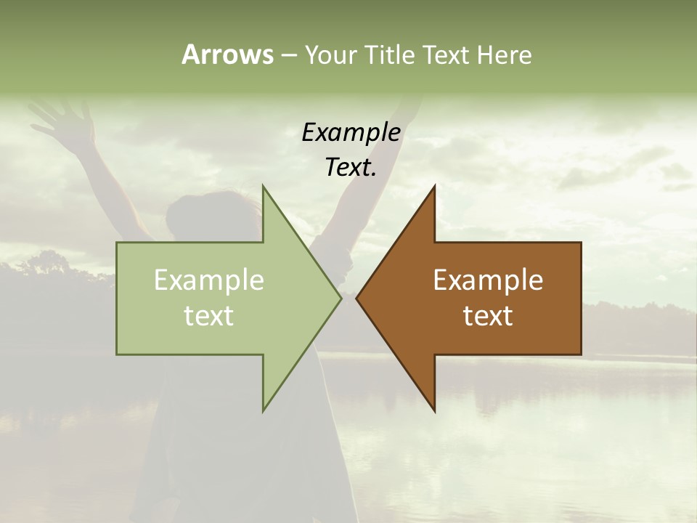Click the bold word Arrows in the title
click(x=227, y=54)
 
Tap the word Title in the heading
click(x=388, y=54)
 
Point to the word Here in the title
click(x=505, y=54)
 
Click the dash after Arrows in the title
click(x=288, y=55)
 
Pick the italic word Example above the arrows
click(x=351, y=132)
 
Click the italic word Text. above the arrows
click(x=351, y=167)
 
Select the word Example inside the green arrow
click(x=209, y=280)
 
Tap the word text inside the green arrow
click(x=209, y=315)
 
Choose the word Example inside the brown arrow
click(x=488, y=280)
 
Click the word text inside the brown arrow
click(x=488, y=315)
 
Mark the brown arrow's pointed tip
click(x=357, y=298)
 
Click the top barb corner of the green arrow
click(x=264, y=187)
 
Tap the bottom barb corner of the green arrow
click(x=264, y=410)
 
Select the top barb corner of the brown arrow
click(x=434, y=187)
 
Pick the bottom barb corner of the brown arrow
click(x=434, y=410)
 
